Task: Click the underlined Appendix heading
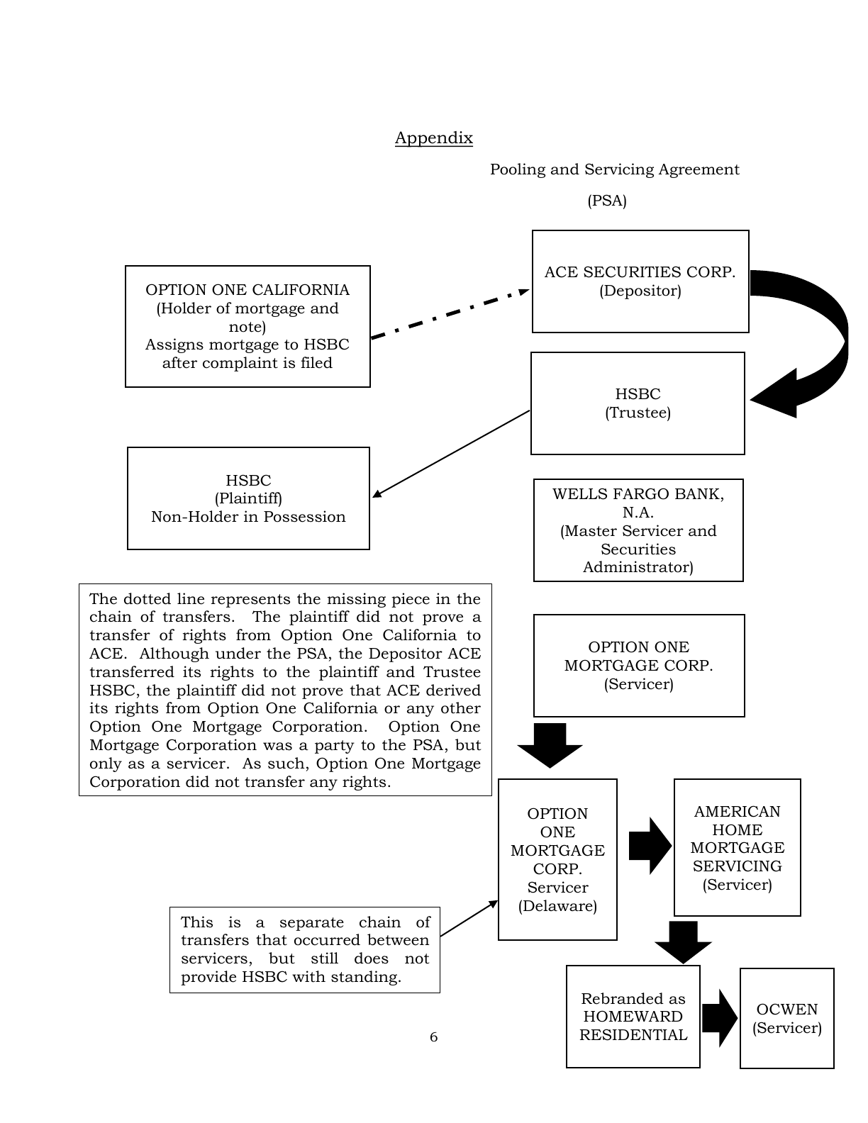pos(434,138)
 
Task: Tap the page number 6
pos(433,1037)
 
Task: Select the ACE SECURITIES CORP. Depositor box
pos(640,281)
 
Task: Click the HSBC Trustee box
pos(638,403)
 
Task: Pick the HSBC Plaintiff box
pos(248,498)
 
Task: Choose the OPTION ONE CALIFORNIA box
pos(247,326)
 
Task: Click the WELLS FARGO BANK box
pos(638,530)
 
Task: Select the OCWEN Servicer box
pos(787,1018)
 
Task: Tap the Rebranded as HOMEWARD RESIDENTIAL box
pos(633,1017)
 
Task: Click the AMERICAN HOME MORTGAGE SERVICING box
pos(738,847)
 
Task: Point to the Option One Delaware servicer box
pos(557,859)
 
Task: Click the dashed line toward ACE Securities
pos(450,314)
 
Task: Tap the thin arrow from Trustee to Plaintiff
pos(451,454)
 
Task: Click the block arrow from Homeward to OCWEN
pos(719,1019)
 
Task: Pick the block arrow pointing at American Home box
pos(650,846)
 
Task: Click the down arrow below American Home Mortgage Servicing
pos(683,942)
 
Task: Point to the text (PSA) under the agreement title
pos(607,201)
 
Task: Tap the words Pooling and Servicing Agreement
pos(615,169)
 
